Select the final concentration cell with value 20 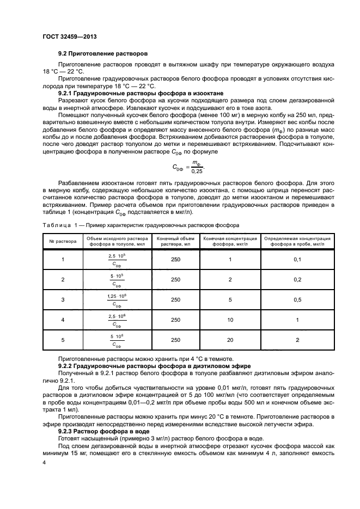click(230, 340)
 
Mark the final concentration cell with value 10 click(230, 320)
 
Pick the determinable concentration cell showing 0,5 click(297, 299)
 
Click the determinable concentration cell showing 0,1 click(297, 259)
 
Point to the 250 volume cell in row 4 click(175, 320)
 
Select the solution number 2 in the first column click(63, 279)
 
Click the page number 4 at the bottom click(45, 462)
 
